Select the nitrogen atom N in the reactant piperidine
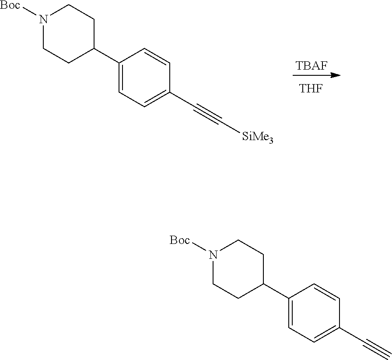point(43,19)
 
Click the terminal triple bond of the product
point(376,348)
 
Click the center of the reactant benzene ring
point(144,78)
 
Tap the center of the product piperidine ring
point(238,270)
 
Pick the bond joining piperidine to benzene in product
point(276,291)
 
